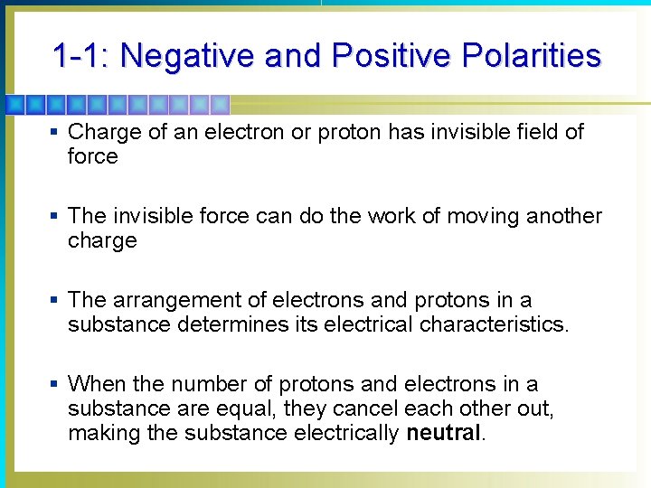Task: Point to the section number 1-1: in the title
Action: click(81, 56)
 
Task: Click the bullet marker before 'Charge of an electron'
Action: click(54, 133)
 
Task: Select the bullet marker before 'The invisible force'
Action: click(54, 217)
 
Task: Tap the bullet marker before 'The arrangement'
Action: click(54, 301)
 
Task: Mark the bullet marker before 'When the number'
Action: click(54, 385)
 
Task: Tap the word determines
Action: click(222, 324)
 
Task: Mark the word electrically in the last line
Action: click(347, 433)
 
